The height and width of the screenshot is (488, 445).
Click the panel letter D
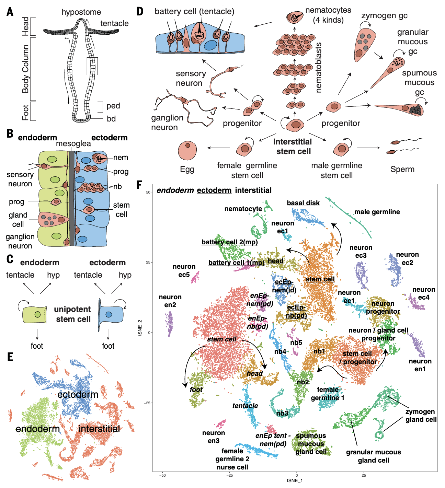tap(139, 11)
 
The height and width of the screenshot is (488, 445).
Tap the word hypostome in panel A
tap(81, 12)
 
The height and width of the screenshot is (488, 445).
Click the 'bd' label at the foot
tap(111, 119)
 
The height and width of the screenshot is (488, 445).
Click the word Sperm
tap(402, 169)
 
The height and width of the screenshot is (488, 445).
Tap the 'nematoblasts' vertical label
tap(318, 68)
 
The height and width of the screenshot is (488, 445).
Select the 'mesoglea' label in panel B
tap(73, 144)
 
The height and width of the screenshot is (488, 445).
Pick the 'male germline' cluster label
tap(377, 212)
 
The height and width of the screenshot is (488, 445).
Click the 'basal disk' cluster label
tap(303, 203)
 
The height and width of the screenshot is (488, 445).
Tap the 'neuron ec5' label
tap(184, 270)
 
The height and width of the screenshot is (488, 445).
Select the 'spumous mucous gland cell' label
tap(311, 444)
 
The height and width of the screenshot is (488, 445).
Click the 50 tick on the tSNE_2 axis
tap(148, 192)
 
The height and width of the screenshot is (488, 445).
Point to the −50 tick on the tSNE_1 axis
tap(162, 475)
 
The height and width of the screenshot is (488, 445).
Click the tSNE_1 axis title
tap(295, 480)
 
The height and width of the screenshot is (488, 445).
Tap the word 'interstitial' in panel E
tap(99, 429)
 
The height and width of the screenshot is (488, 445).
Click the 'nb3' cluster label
tap(282, 413)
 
